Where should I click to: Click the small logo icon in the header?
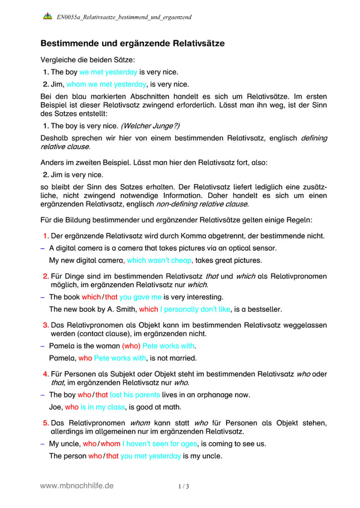47,17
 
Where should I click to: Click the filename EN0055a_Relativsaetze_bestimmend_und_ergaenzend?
124,17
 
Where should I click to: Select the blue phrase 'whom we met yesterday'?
106,85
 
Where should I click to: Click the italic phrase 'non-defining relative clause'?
208,204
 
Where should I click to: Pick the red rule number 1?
46,235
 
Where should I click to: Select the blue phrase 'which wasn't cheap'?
159,260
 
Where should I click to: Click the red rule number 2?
46,275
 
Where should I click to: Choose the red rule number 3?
46,325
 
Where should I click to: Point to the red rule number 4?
46,374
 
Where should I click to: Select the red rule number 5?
46,422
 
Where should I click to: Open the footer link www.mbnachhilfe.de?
77,486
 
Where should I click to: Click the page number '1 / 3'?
184,486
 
